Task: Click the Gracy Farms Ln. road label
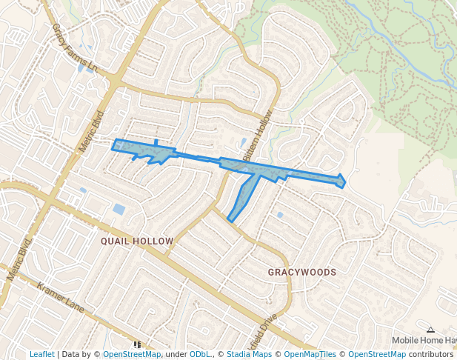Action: point(75,47)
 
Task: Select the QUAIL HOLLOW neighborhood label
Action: point(137,241)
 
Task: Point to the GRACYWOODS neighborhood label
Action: point(302,273)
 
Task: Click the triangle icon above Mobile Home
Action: point(430,330)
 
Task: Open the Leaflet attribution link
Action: point(41,355)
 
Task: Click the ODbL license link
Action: point(200,355)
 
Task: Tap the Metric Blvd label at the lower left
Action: point(20,261)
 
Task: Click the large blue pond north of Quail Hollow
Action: point(119,209)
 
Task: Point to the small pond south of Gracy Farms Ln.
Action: point(80,68)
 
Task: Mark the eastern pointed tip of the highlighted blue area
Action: point(345,181)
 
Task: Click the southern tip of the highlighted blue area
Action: point(230,221)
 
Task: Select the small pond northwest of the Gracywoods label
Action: point(280,215)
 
